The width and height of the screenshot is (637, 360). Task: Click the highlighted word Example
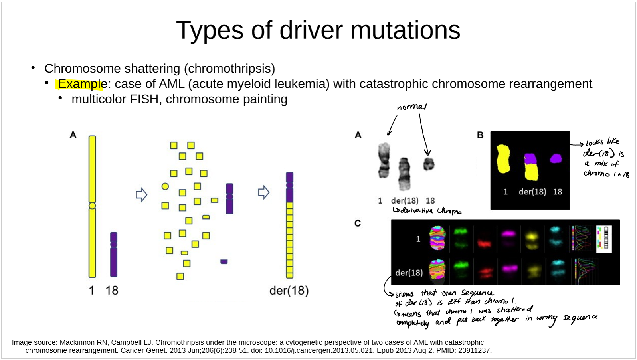[x=80, y=84]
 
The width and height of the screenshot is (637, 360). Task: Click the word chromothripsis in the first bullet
[x=229, y=69]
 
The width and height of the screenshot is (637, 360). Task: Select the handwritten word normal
[x=411, y=107]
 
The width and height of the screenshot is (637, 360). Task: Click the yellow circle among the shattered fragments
[x=165, y=186]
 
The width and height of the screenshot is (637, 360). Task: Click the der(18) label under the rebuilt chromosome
[x=289, y=291]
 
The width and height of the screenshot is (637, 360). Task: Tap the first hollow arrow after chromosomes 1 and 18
[x=141, y=195]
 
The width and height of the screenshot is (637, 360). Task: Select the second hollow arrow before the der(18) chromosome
[x=263, y=192]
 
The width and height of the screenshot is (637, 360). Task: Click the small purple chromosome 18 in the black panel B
[x=556, y=159]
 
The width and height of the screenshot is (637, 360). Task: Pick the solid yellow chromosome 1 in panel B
[x=503, y=159]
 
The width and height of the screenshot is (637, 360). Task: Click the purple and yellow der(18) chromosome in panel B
[x=531, y=167]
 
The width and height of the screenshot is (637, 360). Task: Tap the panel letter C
[x=358, y=224]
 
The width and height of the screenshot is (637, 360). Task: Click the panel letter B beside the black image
[x=480, y=135]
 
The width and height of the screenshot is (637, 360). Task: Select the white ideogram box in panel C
[x=604, y=239]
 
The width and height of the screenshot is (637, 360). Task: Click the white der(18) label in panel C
[x=409, y=273]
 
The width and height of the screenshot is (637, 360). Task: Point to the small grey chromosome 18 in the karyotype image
[x=429, y=164]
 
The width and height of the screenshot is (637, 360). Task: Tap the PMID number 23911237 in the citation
[x=477, y=351]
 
